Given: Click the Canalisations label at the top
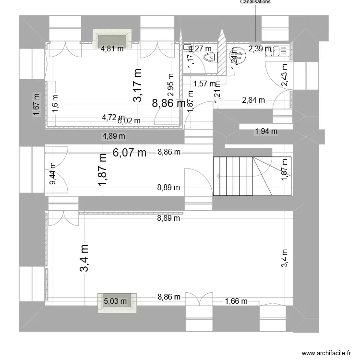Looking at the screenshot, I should pyautogui.click(x=255, y=2).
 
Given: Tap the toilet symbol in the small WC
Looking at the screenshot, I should pyautogui.click(x=211, y=58).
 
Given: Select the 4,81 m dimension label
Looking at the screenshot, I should pyautogui.click(x=112, y=48).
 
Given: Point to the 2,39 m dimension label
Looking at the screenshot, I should pyautogui.click(x=260, y=48).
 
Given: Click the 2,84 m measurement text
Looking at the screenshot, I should pyautogui.click(x=253, y=100).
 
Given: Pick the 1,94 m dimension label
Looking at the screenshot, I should pyautogui.click(x=266, y=131).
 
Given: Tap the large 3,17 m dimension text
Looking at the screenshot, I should pyautogui.click(x=138, y=85).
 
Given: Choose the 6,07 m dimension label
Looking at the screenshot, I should pyautogui.click(x=130, y=153).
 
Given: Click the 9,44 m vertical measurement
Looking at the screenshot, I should pyautogui.click(x=53, y=173).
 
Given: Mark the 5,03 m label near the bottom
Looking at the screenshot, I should pyautogui.click(x=115, y=301).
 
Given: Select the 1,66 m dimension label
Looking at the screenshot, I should pyautogui.click(x=236, y=301).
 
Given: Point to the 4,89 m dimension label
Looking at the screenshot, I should pyautogui.click(x=114, y=136).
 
